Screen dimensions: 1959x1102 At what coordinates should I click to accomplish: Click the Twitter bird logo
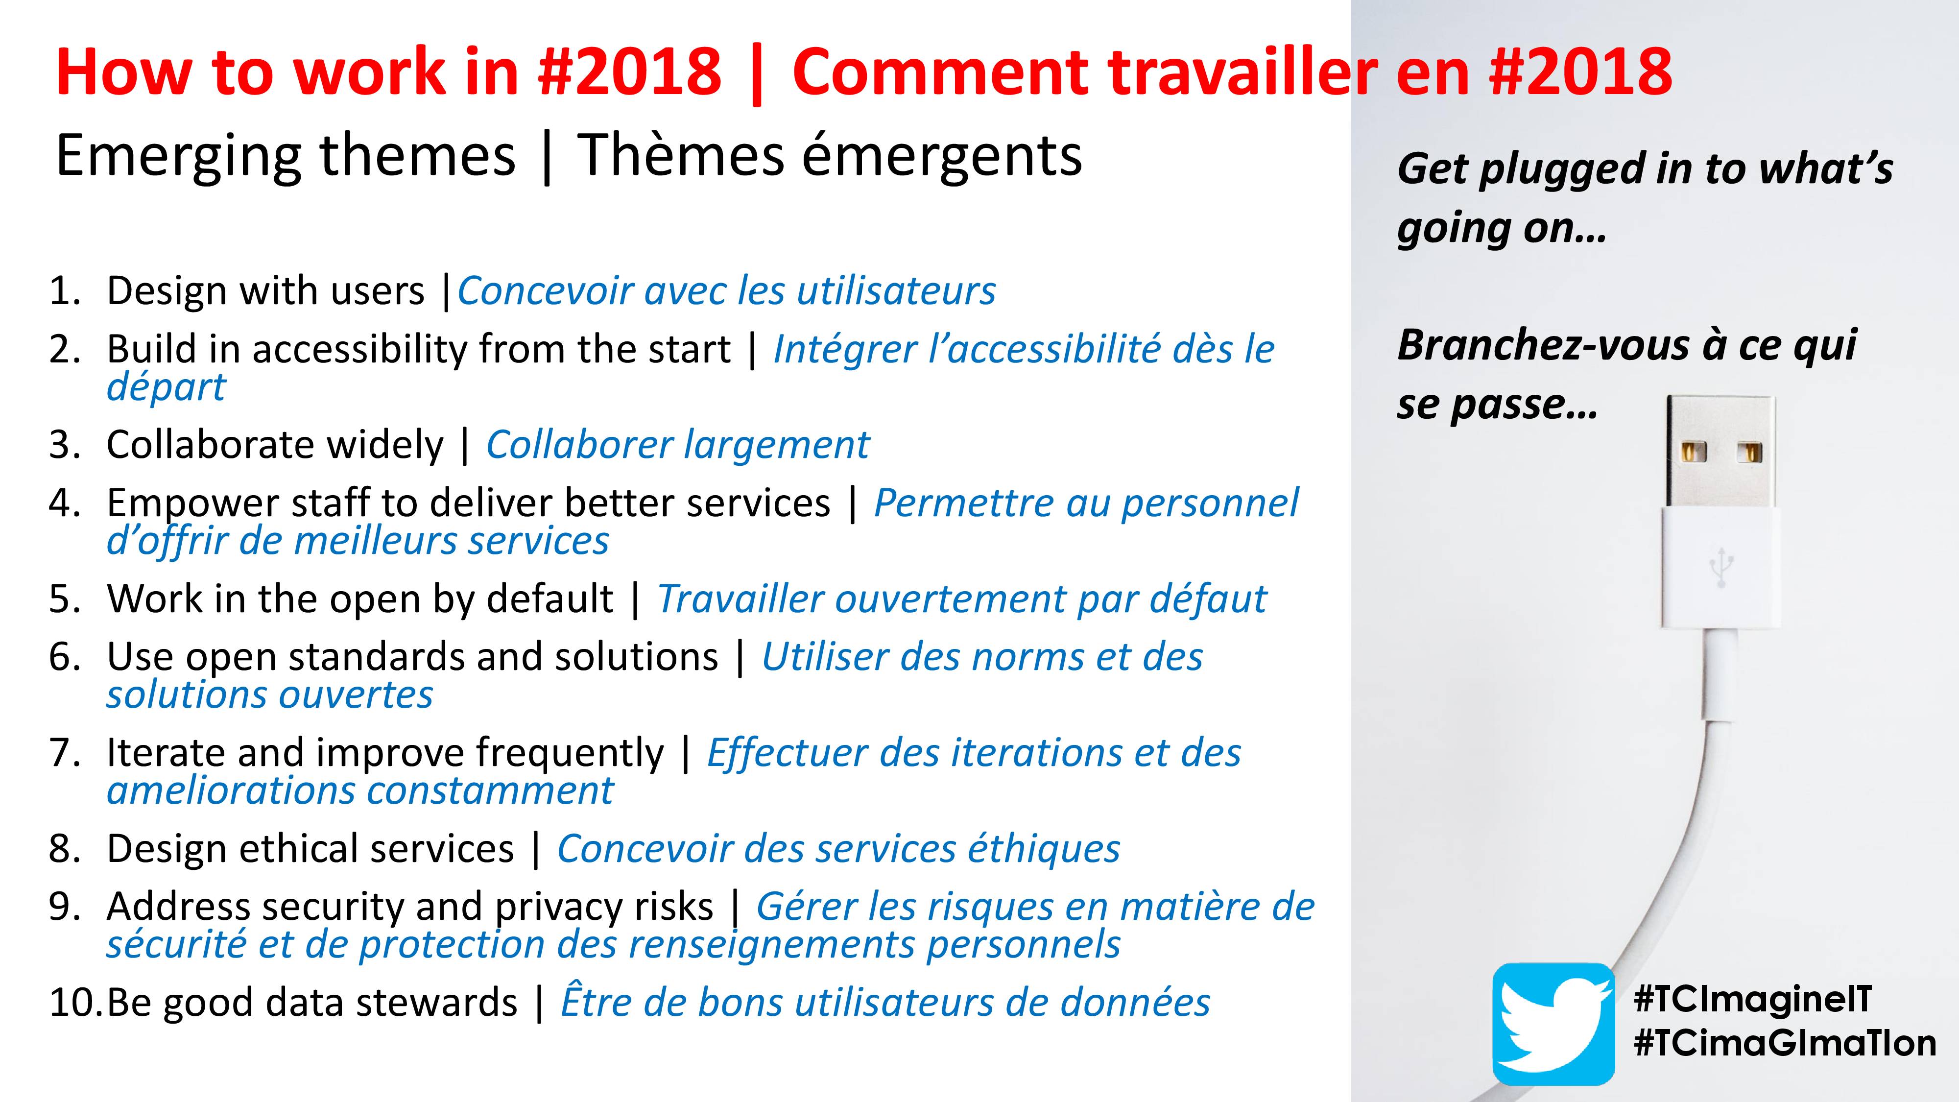1553,1024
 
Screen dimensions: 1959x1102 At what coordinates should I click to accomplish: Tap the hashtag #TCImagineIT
1752,999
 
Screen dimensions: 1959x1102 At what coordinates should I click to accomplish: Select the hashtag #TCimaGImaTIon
1785,1043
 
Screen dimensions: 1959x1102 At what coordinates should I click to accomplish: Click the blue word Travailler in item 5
741,599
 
